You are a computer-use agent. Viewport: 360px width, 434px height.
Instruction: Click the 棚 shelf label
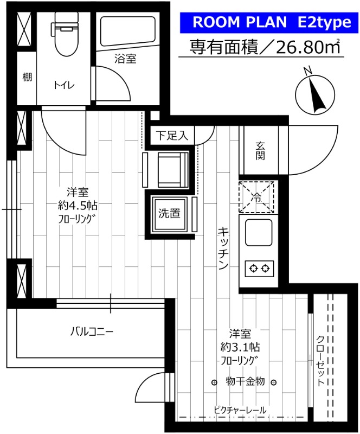click(27, 77)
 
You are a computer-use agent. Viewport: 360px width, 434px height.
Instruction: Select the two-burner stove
click(259, 267)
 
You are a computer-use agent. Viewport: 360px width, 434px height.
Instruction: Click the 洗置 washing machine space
click(169, 214)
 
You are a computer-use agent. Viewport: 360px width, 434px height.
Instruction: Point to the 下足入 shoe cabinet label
click(172, 136)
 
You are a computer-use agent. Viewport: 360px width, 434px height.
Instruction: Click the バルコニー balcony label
click(91, 331)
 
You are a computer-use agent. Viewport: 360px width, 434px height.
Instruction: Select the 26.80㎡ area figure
click(309, 48)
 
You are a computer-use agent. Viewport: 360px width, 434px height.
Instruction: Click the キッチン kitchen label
click(222, 247)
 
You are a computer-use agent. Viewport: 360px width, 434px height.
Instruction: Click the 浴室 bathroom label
click(125, 59)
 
